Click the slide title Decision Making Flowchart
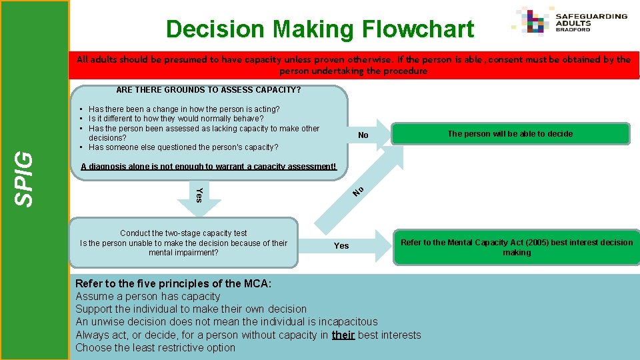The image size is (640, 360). (x=320, y=29)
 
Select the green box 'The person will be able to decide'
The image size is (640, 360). (x=510, y=134)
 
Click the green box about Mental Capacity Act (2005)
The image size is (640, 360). (x=517, y=247)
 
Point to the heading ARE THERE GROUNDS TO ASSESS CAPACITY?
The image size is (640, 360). (x=209, y=89)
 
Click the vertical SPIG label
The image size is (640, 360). (x=25, y=177)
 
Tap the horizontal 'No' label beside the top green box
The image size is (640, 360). (x=363, y=135)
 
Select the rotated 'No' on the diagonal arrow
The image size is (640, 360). (x=358, y=191)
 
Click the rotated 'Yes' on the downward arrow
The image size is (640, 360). (x=198, y=195)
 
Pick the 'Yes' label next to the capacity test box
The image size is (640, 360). (x=341, y=246)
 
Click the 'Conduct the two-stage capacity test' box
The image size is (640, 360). (x=183, y=243)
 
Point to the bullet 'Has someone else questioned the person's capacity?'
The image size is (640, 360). (x=183, y=147)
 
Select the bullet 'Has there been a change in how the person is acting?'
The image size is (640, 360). (x=184, y=109)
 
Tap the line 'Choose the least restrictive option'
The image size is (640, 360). (x=155, y=347)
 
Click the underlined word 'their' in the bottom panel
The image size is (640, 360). (x=343, y=335)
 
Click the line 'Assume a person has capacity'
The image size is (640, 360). (x=147, y=296)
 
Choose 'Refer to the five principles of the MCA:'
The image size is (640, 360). (x=173, y=283)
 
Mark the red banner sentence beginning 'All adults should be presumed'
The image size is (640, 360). (x=353, y=65)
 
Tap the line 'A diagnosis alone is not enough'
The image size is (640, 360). (x=209, y=167)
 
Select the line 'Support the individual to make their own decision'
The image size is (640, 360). (x=191, y=309)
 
